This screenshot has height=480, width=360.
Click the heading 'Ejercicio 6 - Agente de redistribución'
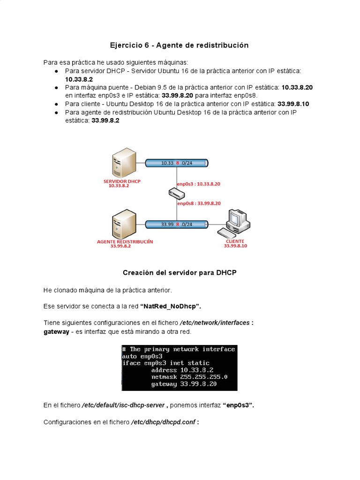[179, 45]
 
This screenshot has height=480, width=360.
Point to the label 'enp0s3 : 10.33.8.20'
[198, 184]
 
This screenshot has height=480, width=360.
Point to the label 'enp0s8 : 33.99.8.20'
[199, 203]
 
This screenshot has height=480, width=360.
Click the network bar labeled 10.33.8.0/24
[177, 163]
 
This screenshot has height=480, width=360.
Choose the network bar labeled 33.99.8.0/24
[177, 225]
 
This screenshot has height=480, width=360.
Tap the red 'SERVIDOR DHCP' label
[122, 181]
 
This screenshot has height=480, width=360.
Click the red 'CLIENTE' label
[235, 241]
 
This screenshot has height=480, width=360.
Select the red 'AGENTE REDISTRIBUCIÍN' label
[125, 241]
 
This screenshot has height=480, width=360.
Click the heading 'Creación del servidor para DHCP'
[180, 273]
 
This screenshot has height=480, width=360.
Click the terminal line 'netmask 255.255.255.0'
[189, 377]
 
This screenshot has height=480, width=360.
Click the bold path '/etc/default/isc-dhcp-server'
[123, 405]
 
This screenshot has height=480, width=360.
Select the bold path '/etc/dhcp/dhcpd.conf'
[164, 422]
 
